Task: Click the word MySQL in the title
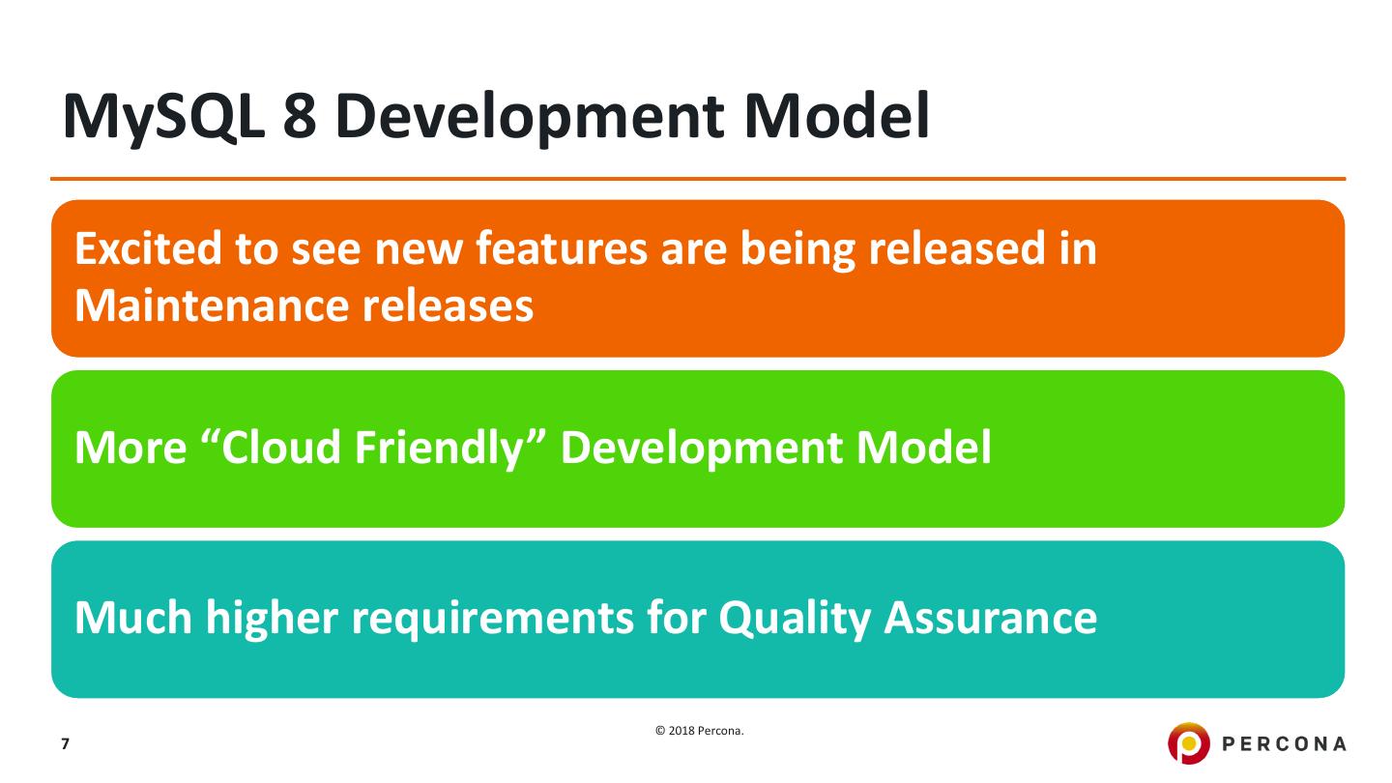point(163,118)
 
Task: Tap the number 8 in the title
point(300,116)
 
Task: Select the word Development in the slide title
point(530,118)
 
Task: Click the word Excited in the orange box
point(148,248)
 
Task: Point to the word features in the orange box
point(562,248)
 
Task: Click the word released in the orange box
point(957,248)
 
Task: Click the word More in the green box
point(130,449)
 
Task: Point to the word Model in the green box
point(924,448)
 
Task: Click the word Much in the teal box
point(133,618)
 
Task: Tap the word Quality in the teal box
point(795,619)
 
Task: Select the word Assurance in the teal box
point(991,619)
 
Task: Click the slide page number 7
point(66,744)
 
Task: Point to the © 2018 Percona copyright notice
point(699,731)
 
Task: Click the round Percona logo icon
point(1188,743)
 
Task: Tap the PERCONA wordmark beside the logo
point(1284,744)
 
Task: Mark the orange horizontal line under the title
point(698,179)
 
